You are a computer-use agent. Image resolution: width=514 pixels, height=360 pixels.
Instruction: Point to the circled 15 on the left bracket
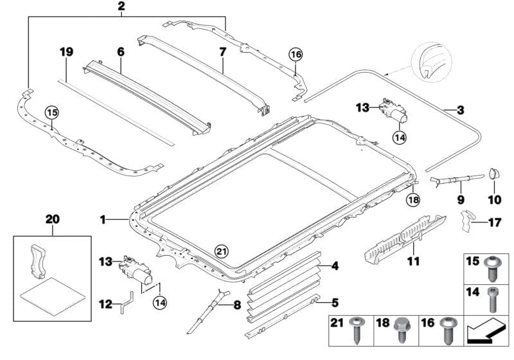pyautogui.click(x=51, y=113)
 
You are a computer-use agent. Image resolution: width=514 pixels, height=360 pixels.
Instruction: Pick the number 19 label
pyautogui.click(x=66, y=51)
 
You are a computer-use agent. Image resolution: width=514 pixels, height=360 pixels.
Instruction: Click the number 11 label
pyautogui.click(x=414, y=262)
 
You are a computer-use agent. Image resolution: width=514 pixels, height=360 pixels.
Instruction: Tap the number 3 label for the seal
pyautogui.click(x=460, y=111)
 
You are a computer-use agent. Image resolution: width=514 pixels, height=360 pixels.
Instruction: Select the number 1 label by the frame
pyautogui.click(x=102, y=220)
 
